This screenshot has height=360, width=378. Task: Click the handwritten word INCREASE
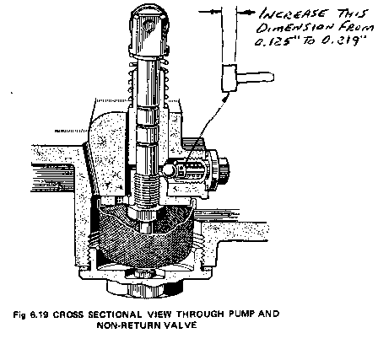coord(294,13)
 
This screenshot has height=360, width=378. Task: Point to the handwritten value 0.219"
coord(344,40)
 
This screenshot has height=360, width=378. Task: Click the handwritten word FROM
coord(356,27)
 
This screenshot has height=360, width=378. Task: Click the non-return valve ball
coord(168,170)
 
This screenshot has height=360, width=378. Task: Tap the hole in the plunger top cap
coord(148,26)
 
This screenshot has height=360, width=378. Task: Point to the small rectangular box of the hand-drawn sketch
coord(229,78)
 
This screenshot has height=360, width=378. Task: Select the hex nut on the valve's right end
coord(224,170)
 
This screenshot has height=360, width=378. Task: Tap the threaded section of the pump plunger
coord(145,188)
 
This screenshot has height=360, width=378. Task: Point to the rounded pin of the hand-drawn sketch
coord(256,77)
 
